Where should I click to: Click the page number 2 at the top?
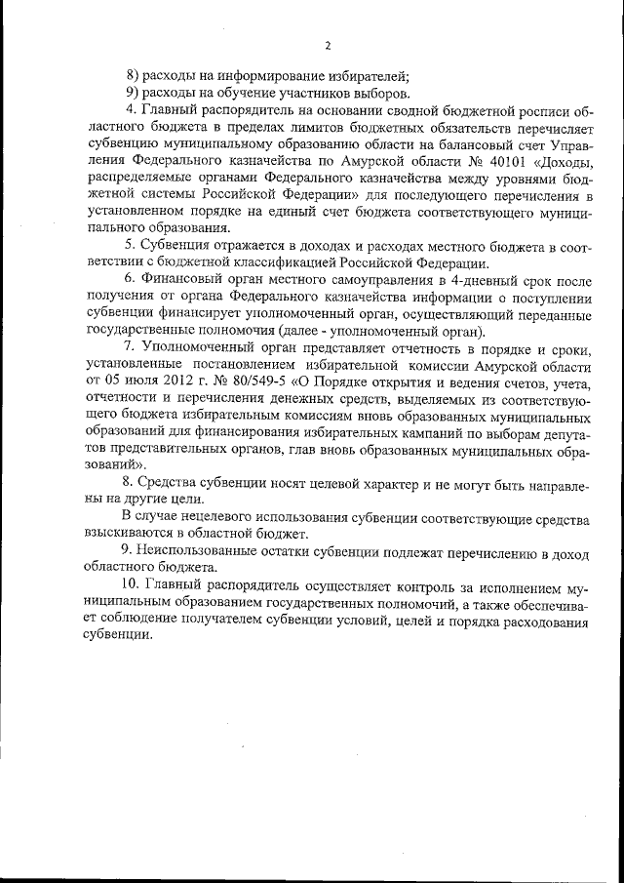[328, 46]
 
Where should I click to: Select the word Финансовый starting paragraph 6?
[183, 280]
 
